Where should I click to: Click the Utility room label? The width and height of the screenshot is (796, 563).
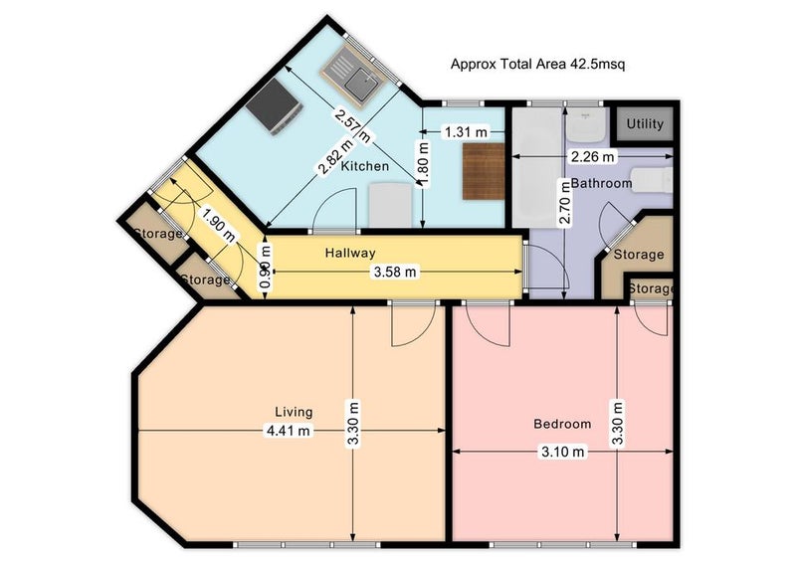click(x=645, y=124)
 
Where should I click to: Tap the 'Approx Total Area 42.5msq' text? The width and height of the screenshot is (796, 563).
click(x=537, y=65)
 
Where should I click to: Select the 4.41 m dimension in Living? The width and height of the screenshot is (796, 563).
click(x=289, y=431)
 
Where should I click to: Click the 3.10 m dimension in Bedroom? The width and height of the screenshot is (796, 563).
click(x=562, y=452)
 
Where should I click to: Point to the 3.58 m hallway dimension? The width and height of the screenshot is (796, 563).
click(x=395, y=273)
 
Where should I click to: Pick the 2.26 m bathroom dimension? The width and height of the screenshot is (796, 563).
click(x=592, y=157)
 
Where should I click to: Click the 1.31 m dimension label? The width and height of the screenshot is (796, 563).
click(x=466, y=132)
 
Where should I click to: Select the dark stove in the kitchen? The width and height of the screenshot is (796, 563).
click(x=275, y=107)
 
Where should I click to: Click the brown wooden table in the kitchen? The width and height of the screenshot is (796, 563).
click(x=484, y=172)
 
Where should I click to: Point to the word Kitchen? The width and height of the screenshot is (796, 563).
click(x=364, y=166)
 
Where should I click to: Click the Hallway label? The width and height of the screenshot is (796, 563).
click(x=350, y=253)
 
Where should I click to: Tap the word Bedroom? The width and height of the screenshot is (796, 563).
click(x=562, y=424)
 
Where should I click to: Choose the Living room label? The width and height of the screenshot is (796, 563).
click(x=294, y=412)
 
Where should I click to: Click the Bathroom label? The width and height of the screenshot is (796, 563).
click(x=602, y=183)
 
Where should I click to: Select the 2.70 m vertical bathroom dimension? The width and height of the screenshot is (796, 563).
click(x=565, y=202)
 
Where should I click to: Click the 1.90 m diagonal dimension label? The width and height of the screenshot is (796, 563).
click(x=218, y=225)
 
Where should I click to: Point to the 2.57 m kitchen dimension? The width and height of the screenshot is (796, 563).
click(x=353, y=125)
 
